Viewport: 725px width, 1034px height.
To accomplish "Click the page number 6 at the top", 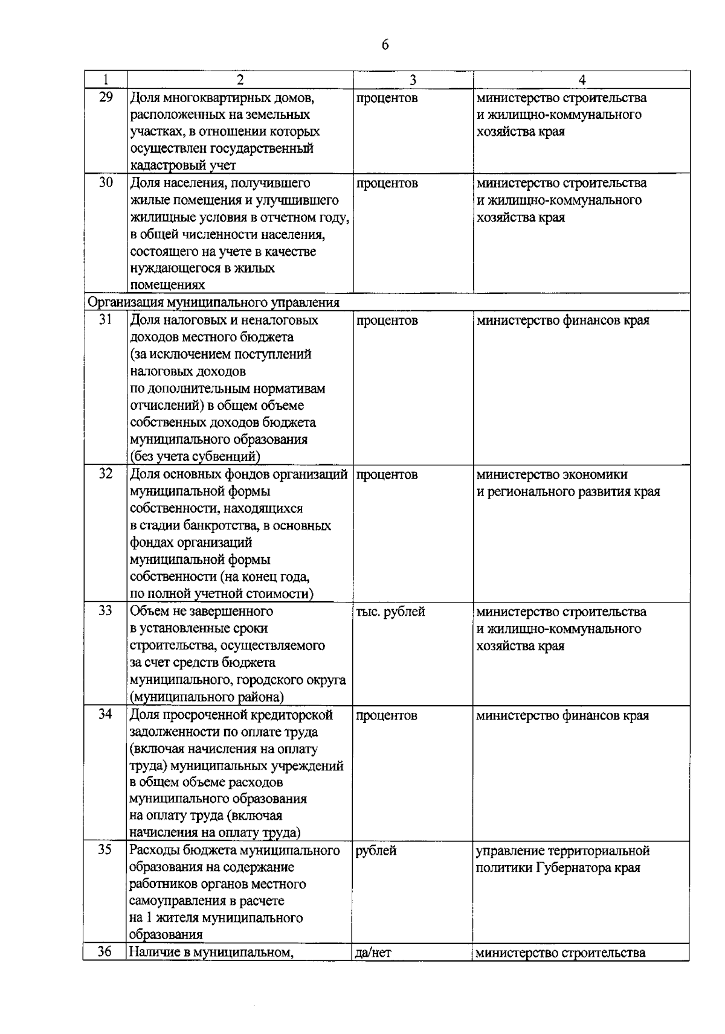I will (385, 45).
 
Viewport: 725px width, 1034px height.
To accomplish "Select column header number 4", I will (582, 80).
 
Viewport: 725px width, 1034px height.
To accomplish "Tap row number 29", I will (106, 97).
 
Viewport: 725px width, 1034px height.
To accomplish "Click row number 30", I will (106, 182).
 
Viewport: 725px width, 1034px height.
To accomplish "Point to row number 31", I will (106, 320).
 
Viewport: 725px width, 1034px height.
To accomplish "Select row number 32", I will (106, 474).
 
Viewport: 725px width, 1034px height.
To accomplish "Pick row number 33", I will (106, 611).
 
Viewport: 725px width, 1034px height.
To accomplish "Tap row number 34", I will (106, 715).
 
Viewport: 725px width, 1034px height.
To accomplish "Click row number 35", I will (106, 850).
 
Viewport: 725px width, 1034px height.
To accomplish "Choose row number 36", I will (106, 953).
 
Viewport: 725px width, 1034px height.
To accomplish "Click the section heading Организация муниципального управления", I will (214, 302).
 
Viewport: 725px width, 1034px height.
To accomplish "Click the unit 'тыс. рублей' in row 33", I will (390, 611).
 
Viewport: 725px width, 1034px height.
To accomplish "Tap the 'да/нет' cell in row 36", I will (373, 953).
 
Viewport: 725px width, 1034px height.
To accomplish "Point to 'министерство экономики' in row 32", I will (552, 474).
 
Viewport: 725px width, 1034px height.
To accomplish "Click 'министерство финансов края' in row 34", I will (562, 715).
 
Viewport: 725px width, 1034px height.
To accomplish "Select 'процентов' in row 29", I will (387, 98).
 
